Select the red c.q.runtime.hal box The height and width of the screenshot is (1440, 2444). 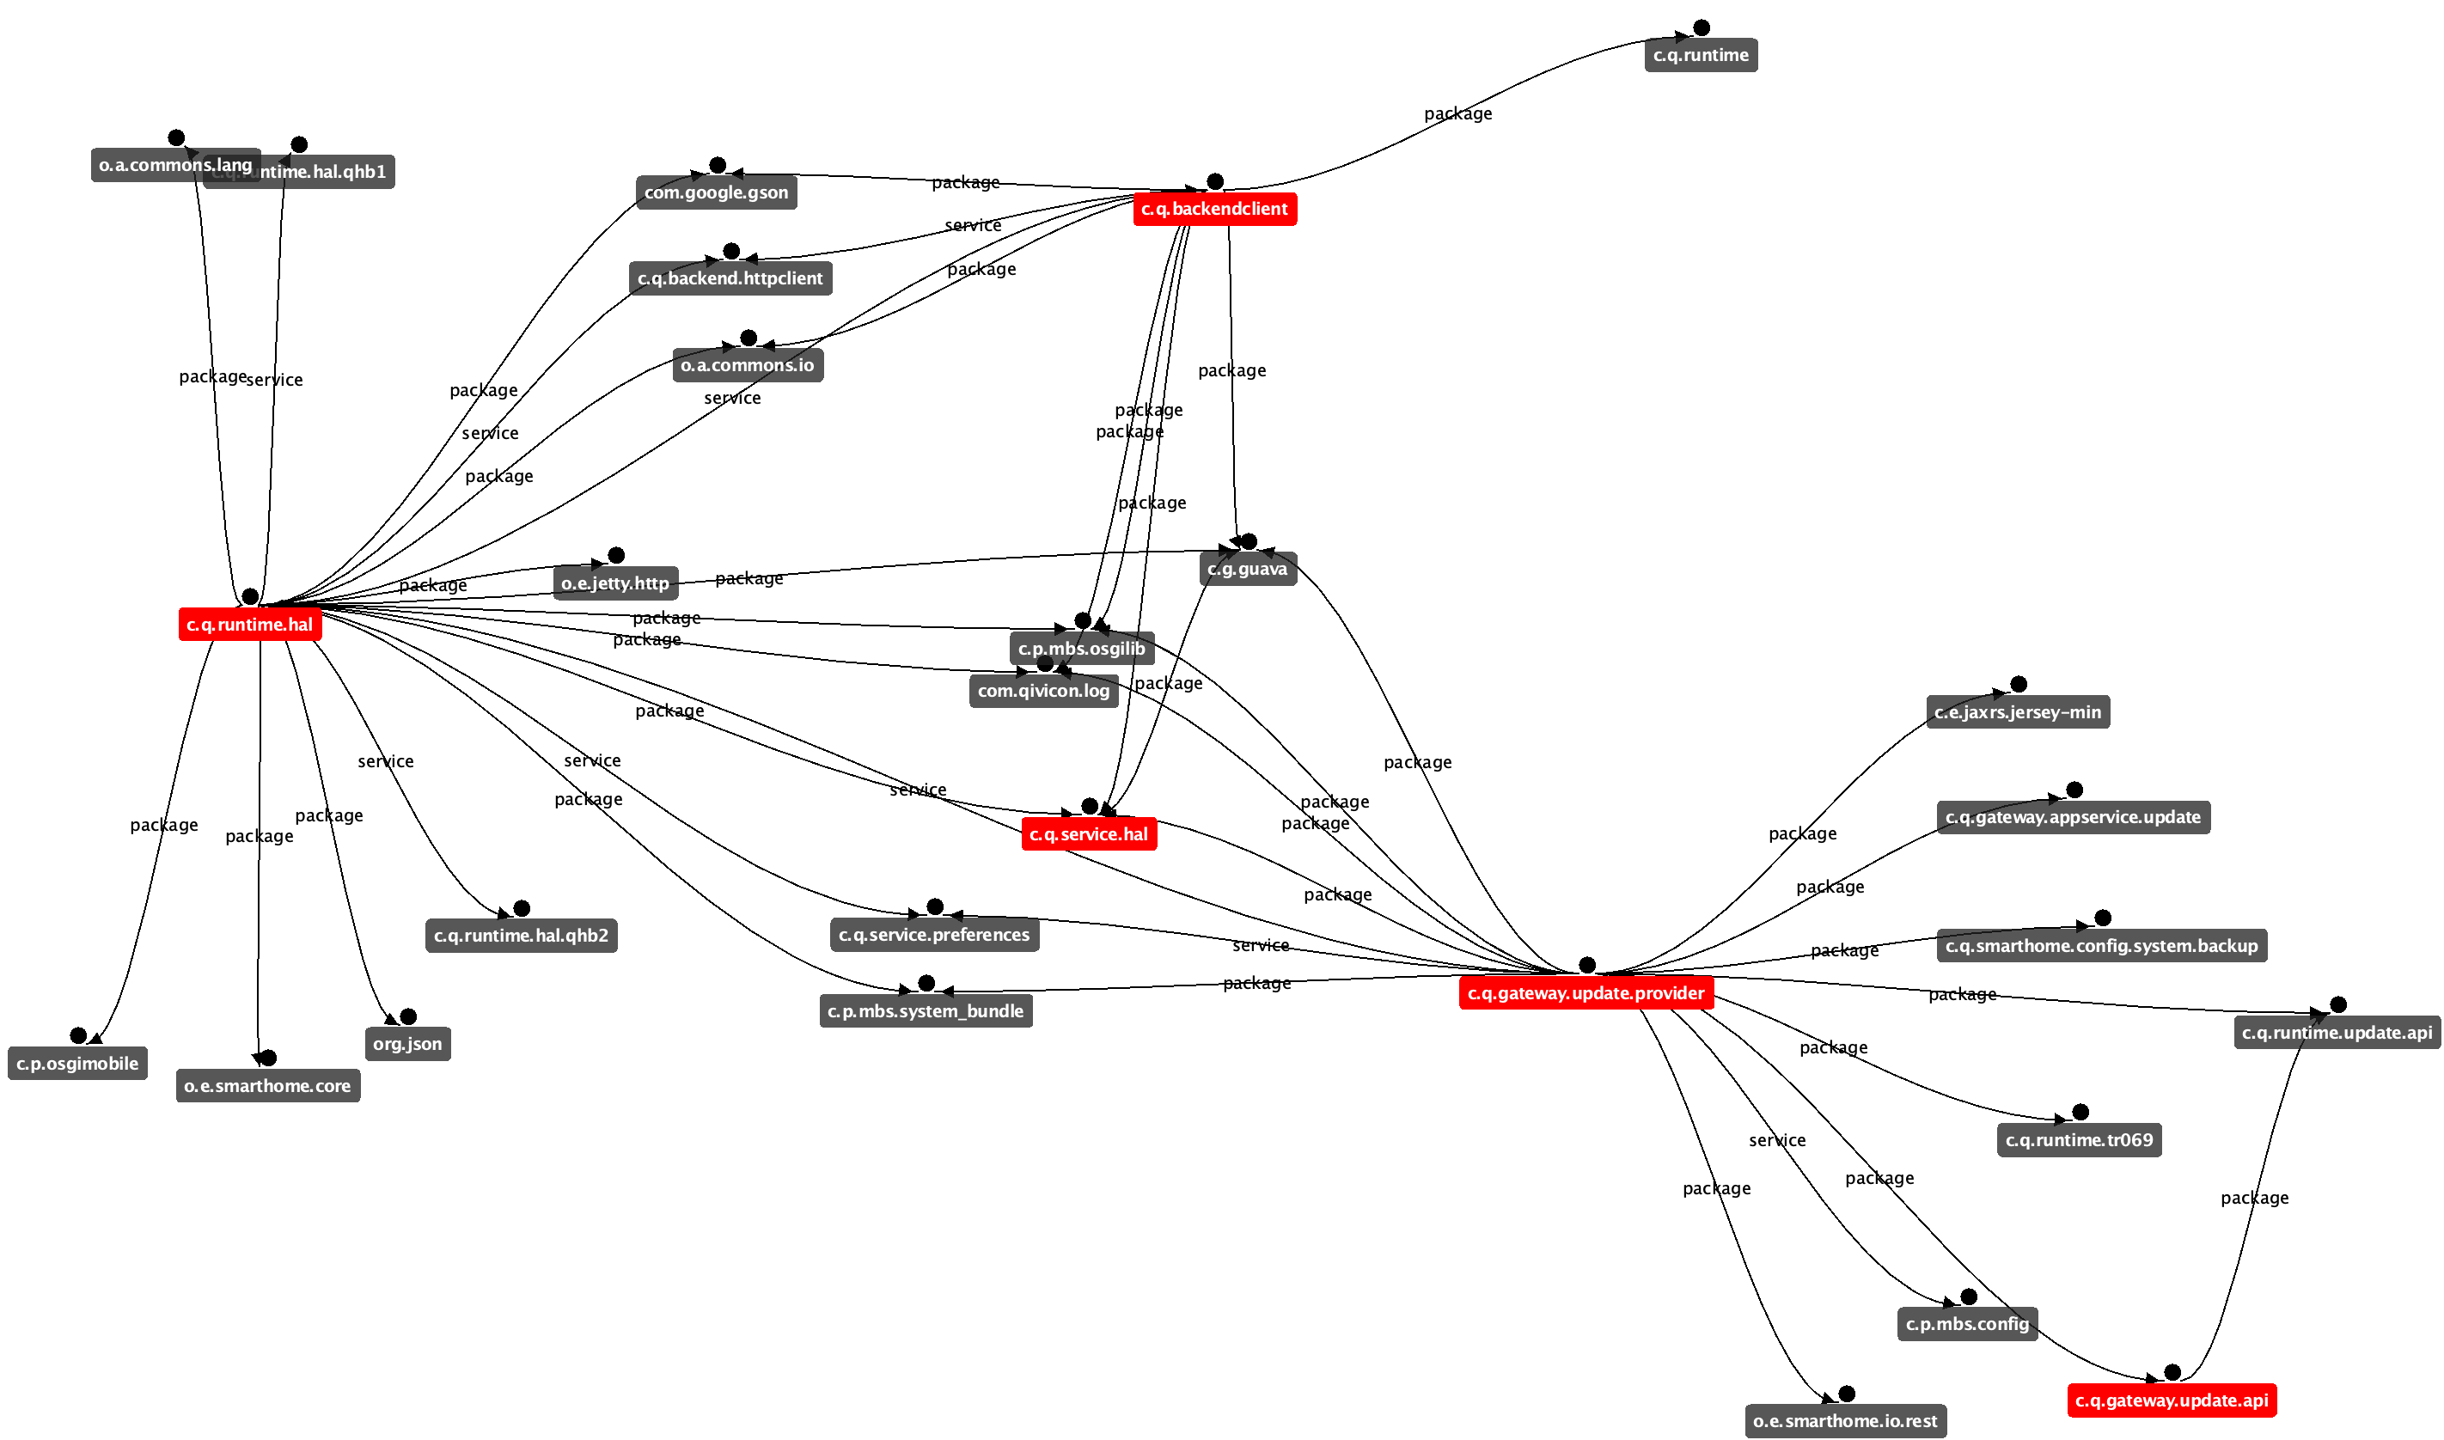[249, 624]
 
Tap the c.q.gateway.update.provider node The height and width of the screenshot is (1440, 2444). [1586, 992]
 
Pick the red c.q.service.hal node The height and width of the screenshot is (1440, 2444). [1089, 833]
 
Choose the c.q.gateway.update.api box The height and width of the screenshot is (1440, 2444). [2171, 1400]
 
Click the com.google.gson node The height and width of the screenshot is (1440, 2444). [716, 192]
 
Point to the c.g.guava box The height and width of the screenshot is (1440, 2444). [1247, 569]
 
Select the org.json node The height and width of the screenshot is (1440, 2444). [407, 1044]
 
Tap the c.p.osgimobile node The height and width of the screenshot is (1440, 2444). [77, 1064]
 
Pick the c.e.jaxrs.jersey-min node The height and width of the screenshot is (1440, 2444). [2017, 712]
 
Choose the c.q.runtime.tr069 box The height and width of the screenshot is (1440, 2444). [2078, 1140]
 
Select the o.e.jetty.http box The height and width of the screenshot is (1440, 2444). [615, 583]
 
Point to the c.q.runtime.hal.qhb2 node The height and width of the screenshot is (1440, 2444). [521, 936]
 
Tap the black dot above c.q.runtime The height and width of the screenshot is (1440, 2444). [1701, 28]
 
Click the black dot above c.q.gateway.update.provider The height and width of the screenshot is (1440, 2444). [1586, 965]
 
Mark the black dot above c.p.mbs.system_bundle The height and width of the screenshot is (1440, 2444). [926, 983]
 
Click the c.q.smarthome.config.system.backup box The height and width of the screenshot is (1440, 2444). [2101, 945]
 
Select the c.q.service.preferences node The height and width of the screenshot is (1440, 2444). [933, 935]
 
